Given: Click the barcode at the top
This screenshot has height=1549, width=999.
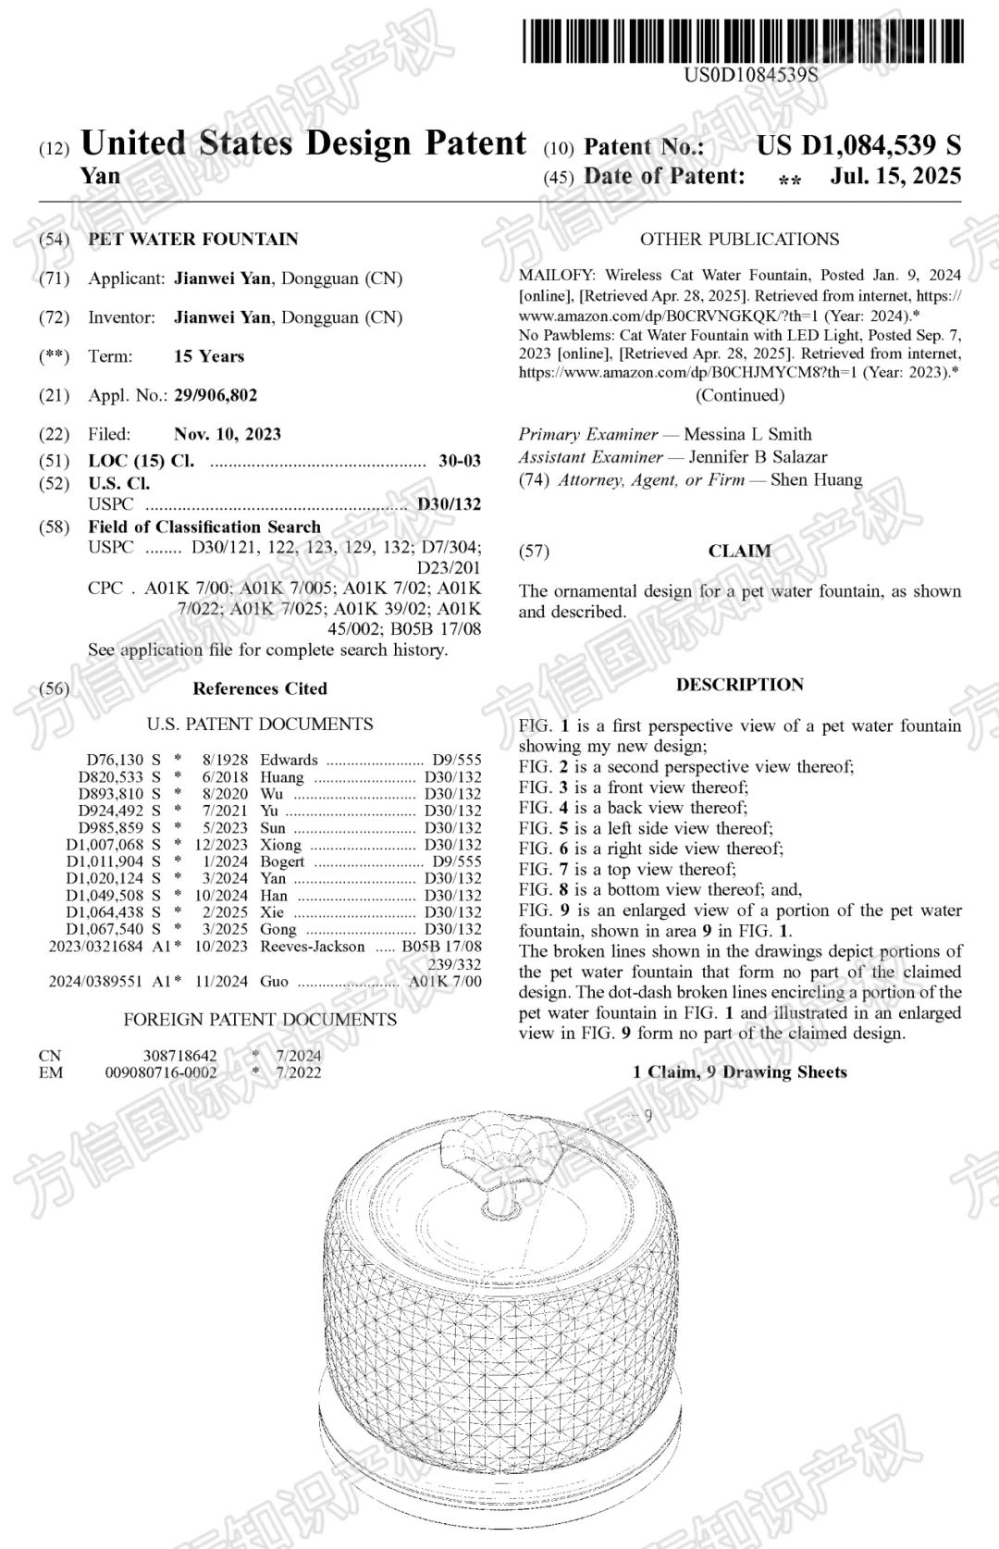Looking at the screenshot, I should (x=743, y=41).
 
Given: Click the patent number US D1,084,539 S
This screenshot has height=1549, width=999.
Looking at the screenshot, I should (x=858, y=145).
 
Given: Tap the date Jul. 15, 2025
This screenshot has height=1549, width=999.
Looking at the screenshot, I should (x=895, y=176).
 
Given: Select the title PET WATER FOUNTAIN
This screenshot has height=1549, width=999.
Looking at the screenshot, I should (x=193, y=239).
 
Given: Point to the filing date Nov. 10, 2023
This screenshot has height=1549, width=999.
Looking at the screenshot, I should (x=228, y=434).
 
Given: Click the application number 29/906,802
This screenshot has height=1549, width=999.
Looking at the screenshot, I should (x=216, y=395).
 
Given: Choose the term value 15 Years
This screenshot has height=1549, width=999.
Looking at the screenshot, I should (x=209, y=356).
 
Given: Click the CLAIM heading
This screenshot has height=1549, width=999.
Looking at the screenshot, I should (x=739, y=551).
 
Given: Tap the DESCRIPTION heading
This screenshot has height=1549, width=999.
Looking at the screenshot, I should (x=739, y=685).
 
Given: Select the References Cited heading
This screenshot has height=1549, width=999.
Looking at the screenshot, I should (x=260, y=688).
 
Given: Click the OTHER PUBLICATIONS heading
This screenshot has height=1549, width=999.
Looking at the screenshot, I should (x=739, y=239).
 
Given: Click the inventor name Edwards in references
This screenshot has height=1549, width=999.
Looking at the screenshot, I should (x=289, y=760).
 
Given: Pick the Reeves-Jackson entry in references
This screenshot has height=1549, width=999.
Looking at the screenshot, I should (x=313, y=946).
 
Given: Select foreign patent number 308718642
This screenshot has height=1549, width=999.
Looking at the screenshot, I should (x=180, y=1055).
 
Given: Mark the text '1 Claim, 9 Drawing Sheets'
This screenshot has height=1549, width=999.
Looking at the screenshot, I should (x=739, y=1072).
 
